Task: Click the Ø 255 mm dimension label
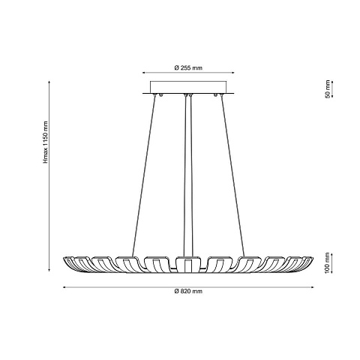pos(188,67)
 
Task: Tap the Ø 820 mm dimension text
pos(188,291)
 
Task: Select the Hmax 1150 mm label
pos(45,142)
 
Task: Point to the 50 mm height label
pos(328,89)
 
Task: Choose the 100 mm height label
pos(328,263)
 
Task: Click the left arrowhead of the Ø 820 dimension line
pos(64,287)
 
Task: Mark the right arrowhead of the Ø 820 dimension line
pos(312,287)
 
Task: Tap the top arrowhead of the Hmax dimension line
pos(49,82)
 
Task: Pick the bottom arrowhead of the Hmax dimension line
pos(49,269)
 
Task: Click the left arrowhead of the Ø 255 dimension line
pos(144,73)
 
